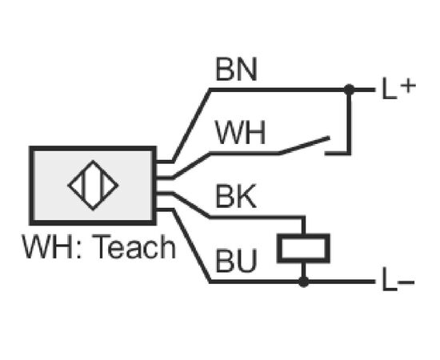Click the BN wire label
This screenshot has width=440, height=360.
[x=236, y=70]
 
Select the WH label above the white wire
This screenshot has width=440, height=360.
[x=240, y=133]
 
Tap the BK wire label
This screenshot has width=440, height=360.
[x=236, y=196]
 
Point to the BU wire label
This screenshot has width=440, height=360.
[x=236, y=261]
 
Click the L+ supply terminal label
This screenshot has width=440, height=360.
[x=398, y=88]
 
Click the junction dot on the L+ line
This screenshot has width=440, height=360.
[x=349, y=90]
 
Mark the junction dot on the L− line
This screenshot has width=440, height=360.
[x=303, y=282]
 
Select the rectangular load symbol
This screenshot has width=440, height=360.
[x=303, y=248]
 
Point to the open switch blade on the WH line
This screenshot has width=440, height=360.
[x=305, y=146]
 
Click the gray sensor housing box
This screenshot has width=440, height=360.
[x=93, y=186]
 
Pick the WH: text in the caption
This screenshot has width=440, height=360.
[x=52, y=247]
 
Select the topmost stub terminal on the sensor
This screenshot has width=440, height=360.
[x=164, y=162]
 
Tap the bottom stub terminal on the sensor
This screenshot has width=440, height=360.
[x=164, y=210]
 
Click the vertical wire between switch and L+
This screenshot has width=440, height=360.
[x=349, y=122]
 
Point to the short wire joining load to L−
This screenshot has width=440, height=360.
[x=303, y=272]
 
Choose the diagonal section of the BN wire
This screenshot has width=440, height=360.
[x=191, y=126]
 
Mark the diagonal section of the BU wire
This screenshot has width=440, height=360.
[x=191, y=246]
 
